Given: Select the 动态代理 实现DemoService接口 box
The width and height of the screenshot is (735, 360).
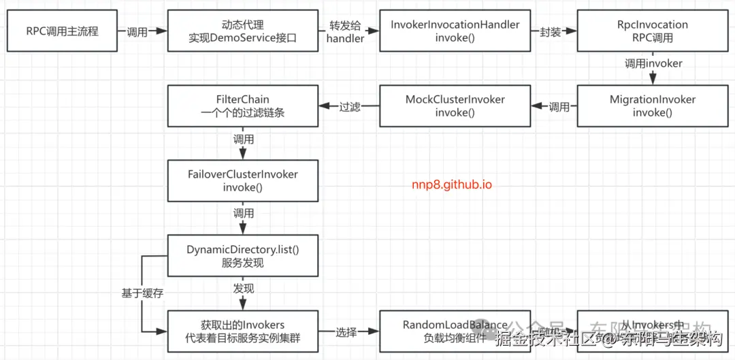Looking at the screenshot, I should point(243,31).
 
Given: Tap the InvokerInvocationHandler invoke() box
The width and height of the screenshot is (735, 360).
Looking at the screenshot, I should point(455,31).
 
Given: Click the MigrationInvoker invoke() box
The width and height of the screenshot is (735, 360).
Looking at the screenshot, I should point(652,105).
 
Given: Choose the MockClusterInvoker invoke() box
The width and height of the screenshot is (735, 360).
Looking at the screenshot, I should point(455,105).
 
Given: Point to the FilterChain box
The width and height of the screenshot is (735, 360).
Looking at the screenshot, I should point(243,105).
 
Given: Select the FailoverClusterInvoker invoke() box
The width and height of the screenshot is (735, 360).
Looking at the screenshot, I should point(243,180).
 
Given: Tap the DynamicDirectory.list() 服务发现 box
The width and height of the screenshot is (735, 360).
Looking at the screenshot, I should point(243,256).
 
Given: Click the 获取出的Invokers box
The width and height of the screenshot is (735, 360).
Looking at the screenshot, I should point(243,331).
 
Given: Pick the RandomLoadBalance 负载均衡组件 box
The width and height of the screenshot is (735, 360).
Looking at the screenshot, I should point(455,331).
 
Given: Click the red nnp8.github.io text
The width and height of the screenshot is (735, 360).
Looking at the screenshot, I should point(451,184).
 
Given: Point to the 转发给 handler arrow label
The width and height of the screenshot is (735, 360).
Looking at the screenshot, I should point(345,31).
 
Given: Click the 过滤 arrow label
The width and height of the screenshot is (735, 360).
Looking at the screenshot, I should point(350,106).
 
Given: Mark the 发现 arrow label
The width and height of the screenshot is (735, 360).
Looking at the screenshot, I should point(244,289).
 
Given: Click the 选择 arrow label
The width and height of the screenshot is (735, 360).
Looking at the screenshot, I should point(346,331).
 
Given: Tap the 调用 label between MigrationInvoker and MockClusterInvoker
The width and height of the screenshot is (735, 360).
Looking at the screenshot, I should point(559,106).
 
